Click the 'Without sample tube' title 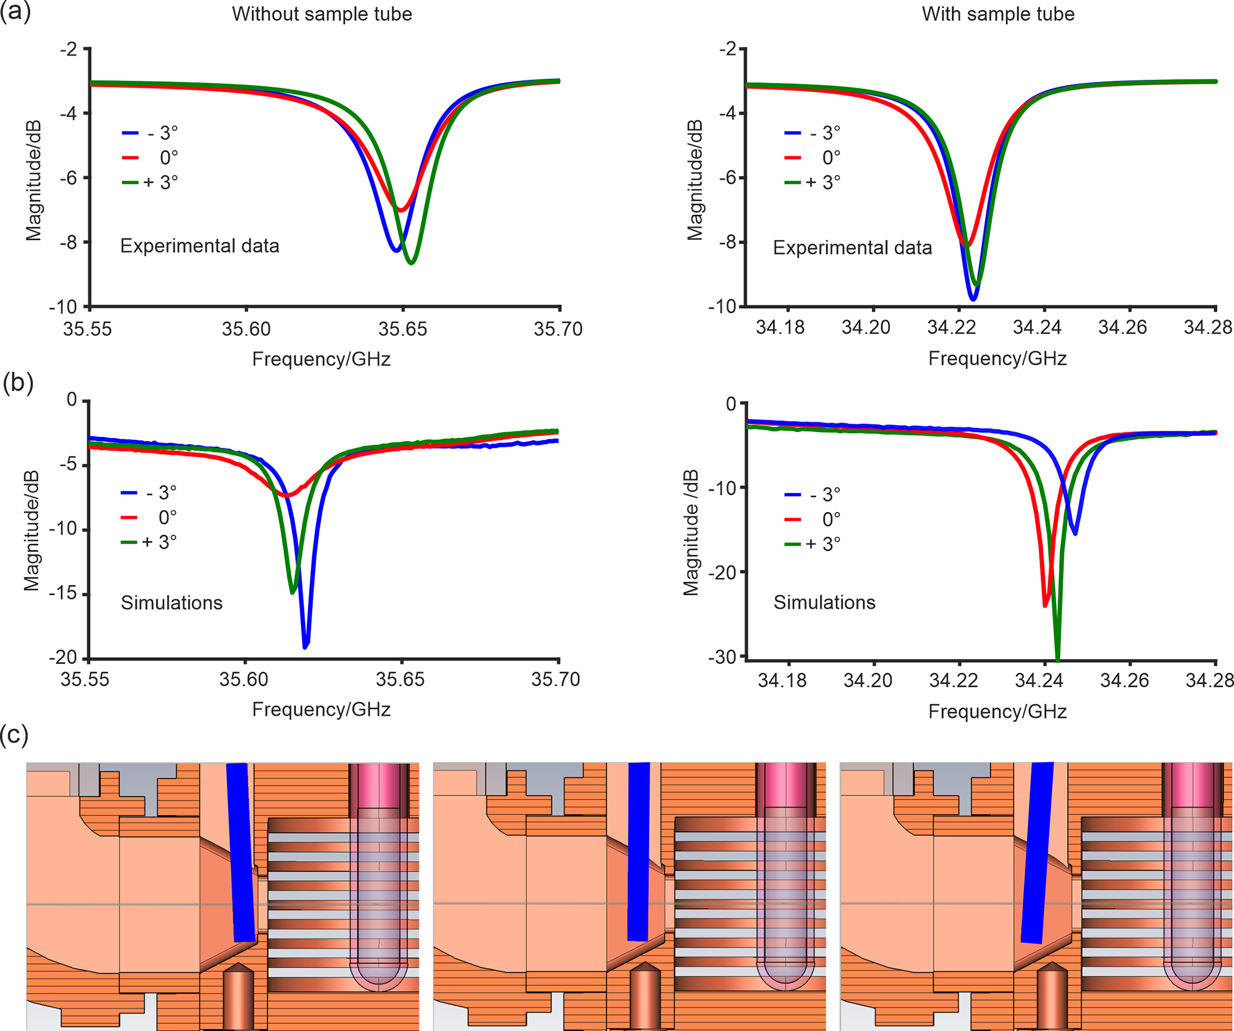click(322, 14)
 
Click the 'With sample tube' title click(998, 14)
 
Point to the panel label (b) click(17, 383)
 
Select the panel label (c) click(14, 735)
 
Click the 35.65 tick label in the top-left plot click(403, 329)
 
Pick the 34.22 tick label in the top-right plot click(951, 327)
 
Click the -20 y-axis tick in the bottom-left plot click(63, 657)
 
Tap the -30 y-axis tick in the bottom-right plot click(722, 657)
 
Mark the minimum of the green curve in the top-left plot click(411, 262)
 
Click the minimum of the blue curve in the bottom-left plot click(306, 647)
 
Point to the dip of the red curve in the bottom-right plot click(1045, 605)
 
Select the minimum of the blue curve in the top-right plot click(973, 298)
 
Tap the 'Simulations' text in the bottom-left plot click(171, 603)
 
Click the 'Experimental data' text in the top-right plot click(852, 248)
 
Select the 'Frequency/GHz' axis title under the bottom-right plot click(997, 712)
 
